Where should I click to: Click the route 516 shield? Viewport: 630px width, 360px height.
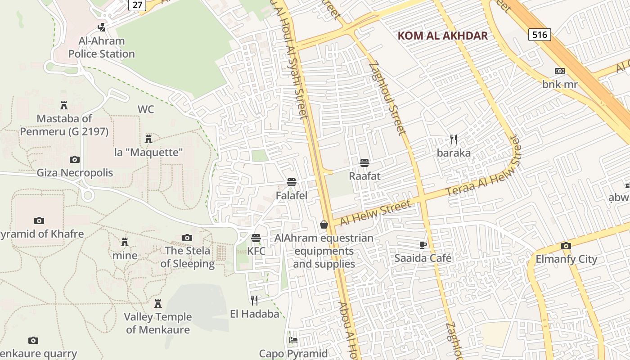[540, 34]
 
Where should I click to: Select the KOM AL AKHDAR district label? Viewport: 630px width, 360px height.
[442, 36]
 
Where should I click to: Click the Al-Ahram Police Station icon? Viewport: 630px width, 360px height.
[102, 27]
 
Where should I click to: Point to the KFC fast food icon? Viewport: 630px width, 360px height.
[256, 238]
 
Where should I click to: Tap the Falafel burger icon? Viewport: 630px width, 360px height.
[292, 182]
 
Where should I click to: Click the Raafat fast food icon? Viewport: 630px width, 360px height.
[364, 162]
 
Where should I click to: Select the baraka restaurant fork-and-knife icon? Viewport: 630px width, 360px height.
[454, 139]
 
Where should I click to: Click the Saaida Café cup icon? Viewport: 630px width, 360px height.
[423, 245]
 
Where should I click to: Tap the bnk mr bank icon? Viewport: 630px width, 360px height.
[560, 71]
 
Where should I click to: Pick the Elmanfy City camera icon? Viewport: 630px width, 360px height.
[566, 246]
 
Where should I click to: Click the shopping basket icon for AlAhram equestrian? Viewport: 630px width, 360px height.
[324, 225]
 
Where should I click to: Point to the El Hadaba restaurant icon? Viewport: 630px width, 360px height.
[255, 300]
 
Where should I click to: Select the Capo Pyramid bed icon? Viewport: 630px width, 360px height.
[293, 340]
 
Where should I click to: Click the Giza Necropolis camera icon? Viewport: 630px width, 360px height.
[75, 159]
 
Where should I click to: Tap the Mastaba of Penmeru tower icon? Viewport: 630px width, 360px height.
[64, 105]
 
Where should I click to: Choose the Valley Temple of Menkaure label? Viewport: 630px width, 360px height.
[158, 323]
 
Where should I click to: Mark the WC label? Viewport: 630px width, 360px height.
[146, 109]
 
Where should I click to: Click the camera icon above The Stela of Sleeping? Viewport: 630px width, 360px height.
[187, 238]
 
